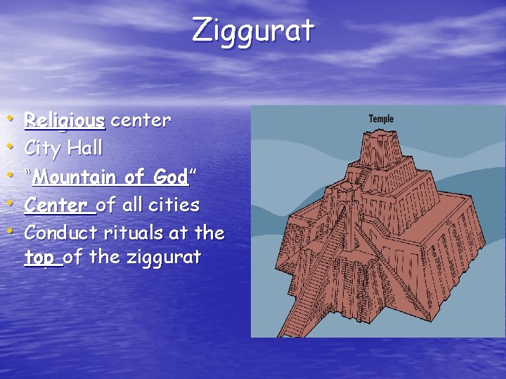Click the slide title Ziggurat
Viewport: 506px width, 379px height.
tap(253, 31)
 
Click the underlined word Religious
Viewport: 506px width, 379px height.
tap(65, 121)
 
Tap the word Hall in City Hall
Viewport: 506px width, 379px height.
tap(85, 148)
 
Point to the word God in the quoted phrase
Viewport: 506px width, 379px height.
tap(171, 177)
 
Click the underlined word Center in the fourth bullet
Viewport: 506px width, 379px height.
tap(59, 205)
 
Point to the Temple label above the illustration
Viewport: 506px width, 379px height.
tap(382, 119)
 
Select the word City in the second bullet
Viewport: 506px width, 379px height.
tap(43, 148)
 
